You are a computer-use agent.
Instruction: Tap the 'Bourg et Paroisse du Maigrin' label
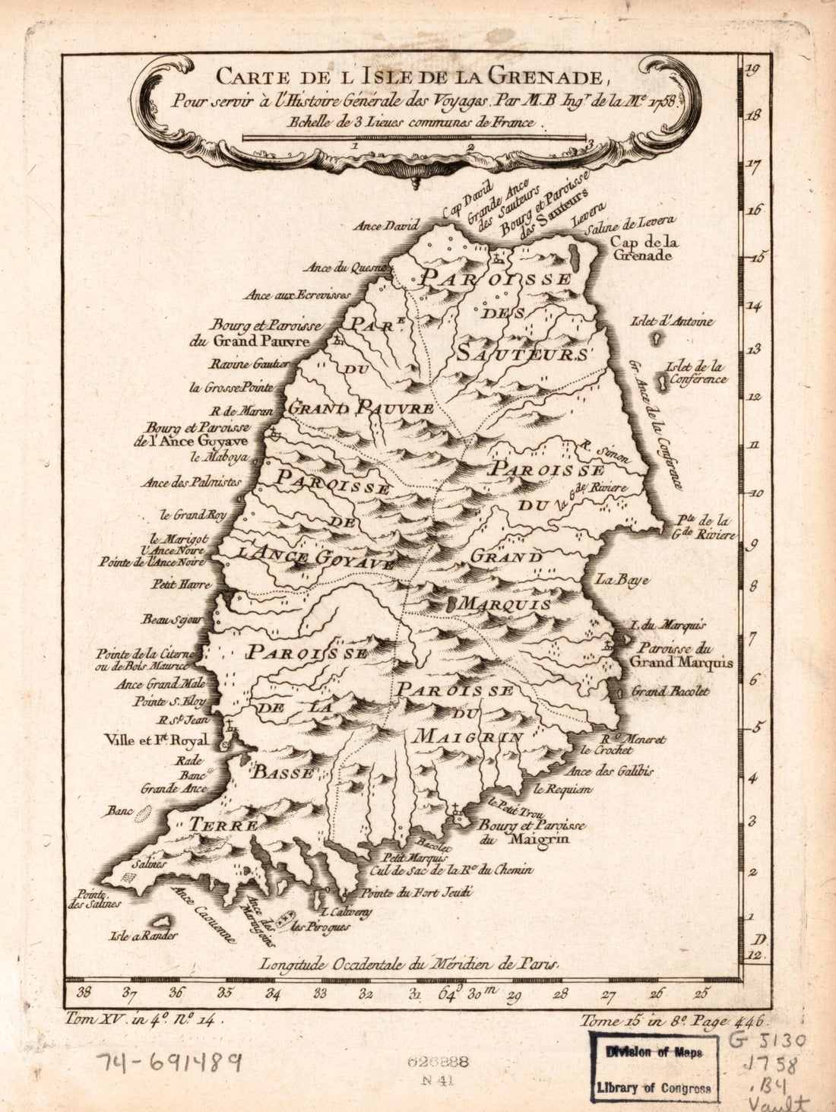(x=531, y=832)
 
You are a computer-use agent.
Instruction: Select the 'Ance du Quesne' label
(x=346, y=268)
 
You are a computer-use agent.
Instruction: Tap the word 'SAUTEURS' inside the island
(x=524, y=353)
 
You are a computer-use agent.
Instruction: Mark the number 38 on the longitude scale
(x=85, y=992)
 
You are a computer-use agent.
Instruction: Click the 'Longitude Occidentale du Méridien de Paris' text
(x=410, y=964)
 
